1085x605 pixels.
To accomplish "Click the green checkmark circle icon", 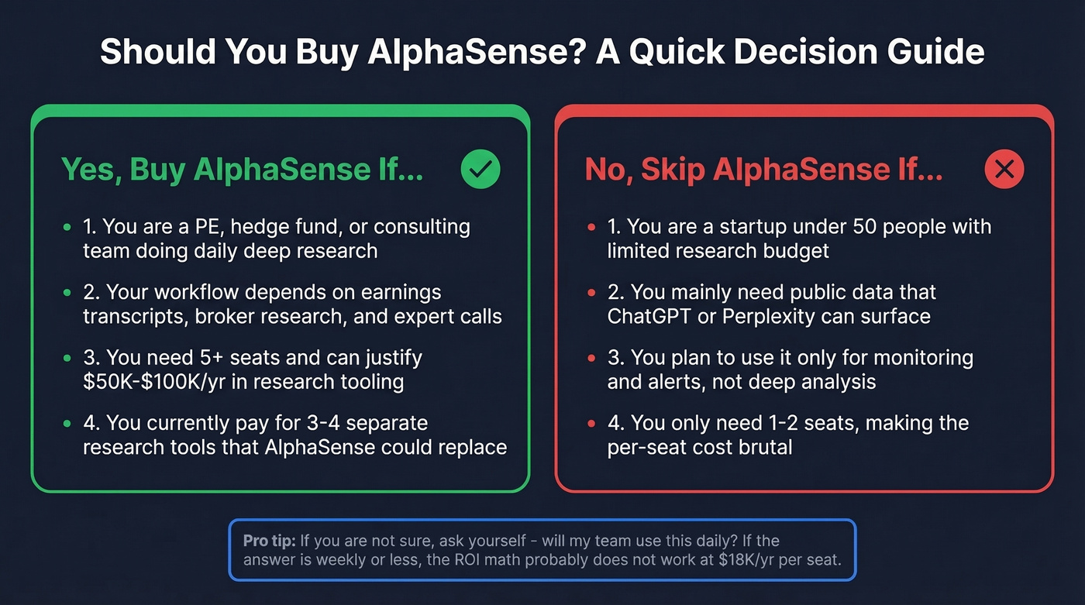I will click(480, 169).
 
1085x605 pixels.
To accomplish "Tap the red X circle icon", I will click(1004, 169).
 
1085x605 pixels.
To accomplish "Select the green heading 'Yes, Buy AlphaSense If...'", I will click(242, 170).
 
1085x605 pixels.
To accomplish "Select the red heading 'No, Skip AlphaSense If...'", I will click(763, 170).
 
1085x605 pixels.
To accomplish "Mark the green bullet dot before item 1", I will click(67, 228).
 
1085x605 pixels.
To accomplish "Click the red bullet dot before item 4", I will click(591, 425).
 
